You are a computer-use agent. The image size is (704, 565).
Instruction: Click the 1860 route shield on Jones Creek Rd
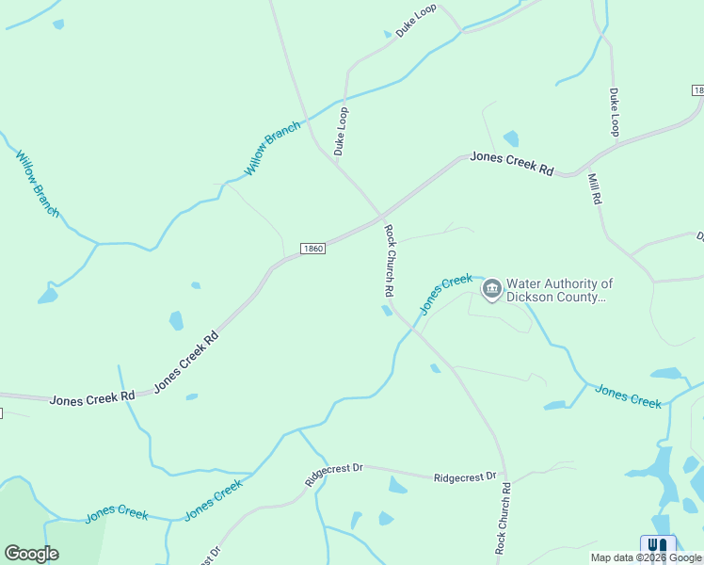pyautogui.click(x=313, y=249)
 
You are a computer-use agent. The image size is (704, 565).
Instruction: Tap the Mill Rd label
pyautogui.click(x=595, y=189)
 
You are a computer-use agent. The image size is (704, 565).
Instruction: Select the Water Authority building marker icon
pyautogui.click(x=491, y=290)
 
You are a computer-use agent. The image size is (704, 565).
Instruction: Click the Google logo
pyautogui.click(x=31, y=554)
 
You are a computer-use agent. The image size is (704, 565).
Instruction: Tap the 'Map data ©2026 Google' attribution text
pyautogui.click(x=646, y=557)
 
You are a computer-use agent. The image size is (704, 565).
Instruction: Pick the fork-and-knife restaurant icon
pyautogui.click(x=659, y=546)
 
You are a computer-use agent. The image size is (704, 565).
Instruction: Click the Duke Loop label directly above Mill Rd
pyautogui.click(x=615, y=112)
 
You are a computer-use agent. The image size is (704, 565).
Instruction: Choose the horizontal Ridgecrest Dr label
pyautogui.click(x=465, y=477)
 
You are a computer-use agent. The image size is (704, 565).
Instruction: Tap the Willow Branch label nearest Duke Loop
pyautogui.click(x=273, y=148)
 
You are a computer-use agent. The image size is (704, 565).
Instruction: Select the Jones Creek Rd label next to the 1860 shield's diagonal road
pyautogui.click(x=185, y=361)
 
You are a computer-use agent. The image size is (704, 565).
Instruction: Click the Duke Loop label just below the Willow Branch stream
pyautogui.click(x=342, y=131)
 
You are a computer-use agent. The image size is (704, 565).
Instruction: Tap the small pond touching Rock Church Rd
pyautogui.click(x=387, y=311)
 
